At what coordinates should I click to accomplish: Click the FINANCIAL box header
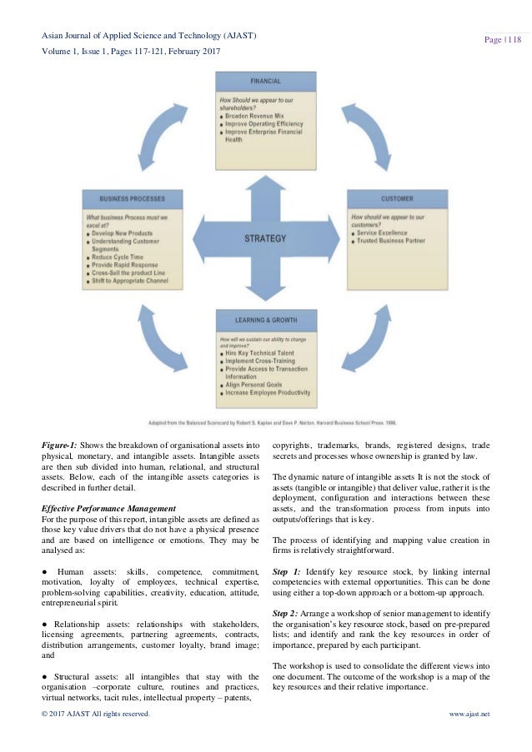coord(266,82)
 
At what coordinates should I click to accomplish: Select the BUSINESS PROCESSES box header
coord(131,200)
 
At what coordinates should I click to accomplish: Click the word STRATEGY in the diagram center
coord(265,238)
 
